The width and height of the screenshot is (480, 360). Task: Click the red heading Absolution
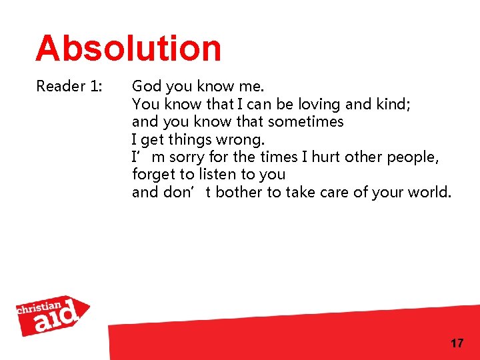click(128, 49)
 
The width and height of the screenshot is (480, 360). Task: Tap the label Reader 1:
click(69, 87)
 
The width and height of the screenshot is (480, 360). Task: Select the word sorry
click(187, 158)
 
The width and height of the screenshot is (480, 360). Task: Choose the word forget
click(152, 175)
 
